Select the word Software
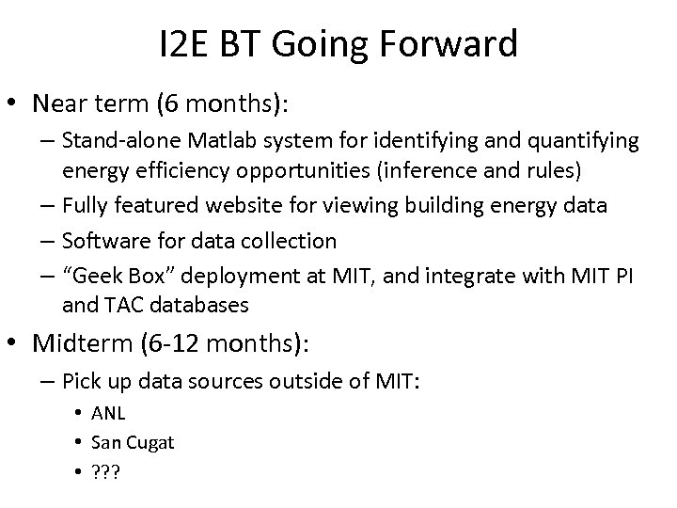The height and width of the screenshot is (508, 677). pos(101,241)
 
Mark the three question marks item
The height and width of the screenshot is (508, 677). pos(105,470)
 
